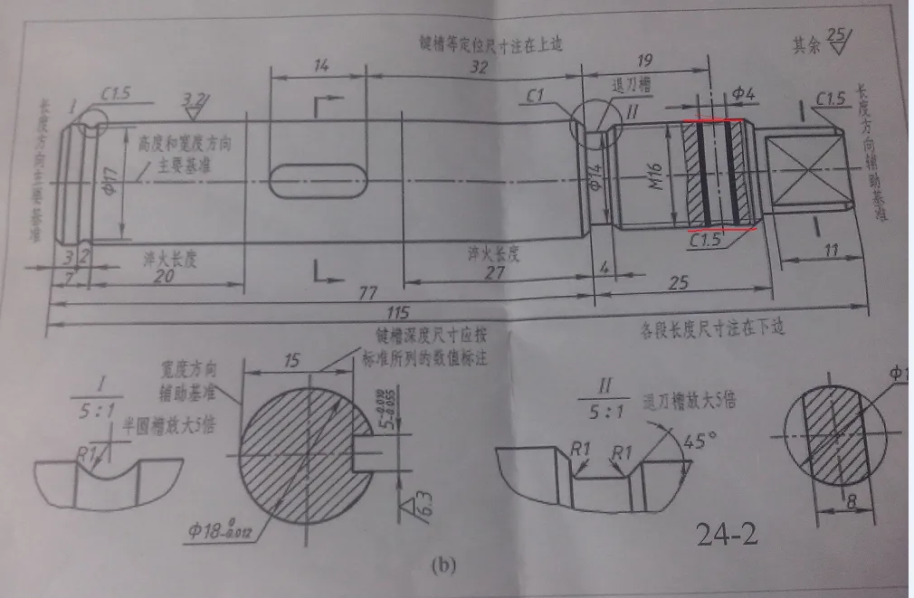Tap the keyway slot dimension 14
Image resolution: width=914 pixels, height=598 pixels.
(319, 65)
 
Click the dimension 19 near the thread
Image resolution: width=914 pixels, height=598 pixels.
(645, 62)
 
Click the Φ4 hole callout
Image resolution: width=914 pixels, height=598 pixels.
(741, 92)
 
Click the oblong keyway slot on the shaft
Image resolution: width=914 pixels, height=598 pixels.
(319, 180)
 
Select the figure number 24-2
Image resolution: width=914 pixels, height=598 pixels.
(727, 536)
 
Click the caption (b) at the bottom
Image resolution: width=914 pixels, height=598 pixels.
(444, 567)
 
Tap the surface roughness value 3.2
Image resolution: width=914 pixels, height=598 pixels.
(193, 98)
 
